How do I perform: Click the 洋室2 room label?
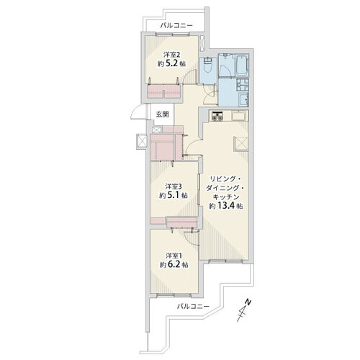pyautogui.click(x=172, y=55)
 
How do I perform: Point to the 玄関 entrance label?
pyautogui.click(x=163, y=114)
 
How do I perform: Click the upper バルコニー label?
pyautogui.click(x=176, y=25)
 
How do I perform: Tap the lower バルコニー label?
pyautogui.click(x=193, y=306)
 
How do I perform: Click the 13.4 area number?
pyautogui.click(x=226, y=206)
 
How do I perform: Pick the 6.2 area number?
pyautogui.click(x=174, y=264)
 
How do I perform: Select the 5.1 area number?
pyautogui.click(x=174, y=196)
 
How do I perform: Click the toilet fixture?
pyautogui.click(x=207, y=64)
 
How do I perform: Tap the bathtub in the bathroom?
pyautogui.click(x=242, y=64)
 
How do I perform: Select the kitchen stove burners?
pyautogui.click(x=217, y=116)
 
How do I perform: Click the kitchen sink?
pyautogui.click(x=239, y=115)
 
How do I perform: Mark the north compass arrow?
pyautogui.click(x=243, y=310)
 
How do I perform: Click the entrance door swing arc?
pyautogui.click(x=135, y=111)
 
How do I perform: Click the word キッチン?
pyautogui.click(x=226, y=197)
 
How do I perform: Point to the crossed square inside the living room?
pyautogui.click(x=240, y=143)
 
